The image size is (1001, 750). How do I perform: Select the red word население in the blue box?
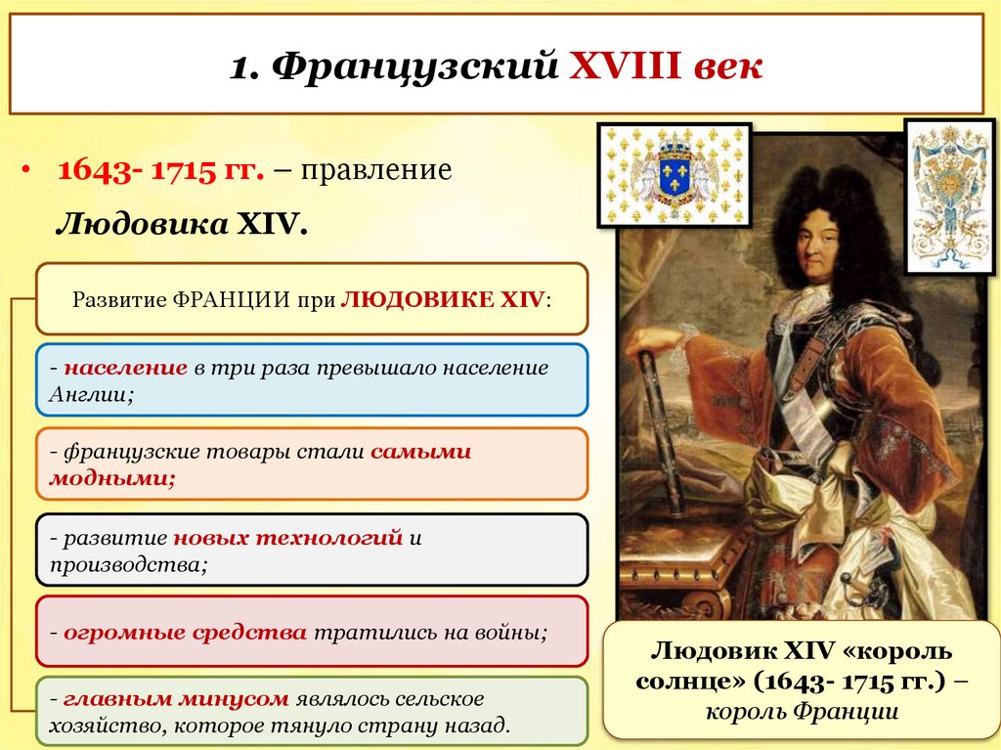(x=126, y=369)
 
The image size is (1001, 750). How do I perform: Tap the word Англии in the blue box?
(x=88, y=394)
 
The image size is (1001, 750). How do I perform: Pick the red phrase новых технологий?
(x=288, y=539)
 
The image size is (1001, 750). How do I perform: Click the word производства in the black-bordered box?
(x=127, y=564)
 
